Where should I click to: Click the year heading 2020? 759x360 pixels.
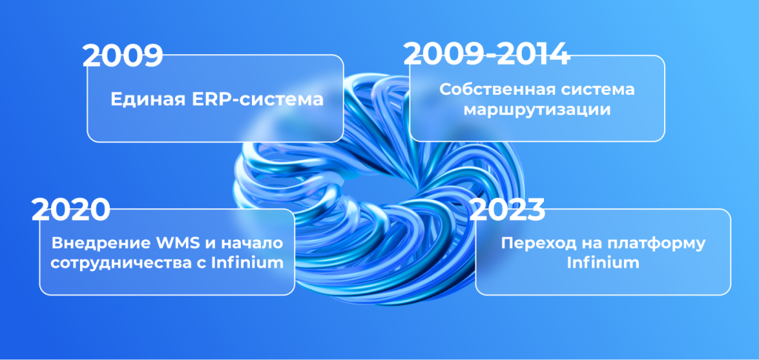click(x=70, y=210)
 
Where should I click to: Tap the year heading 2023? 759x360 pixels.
click(x=507, y=209)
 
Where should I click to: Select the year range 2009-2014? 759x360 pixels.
click(x=486, y=54)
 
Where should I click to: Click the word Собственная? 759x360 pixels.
click(x=497, y=90)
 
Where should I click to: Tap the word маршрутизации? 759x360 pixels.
click(x=537, y=110)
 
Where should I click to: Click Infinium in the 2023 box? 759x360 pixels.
click(x=603, y=264)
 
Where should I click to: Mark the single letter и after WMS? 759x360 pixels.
click(x=208, y=244)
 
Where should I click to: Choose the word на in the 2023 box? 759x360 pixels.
click(x=582, y=244)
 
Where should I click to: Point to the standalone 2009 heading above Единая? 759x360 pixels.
click(x=122, y=56)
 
